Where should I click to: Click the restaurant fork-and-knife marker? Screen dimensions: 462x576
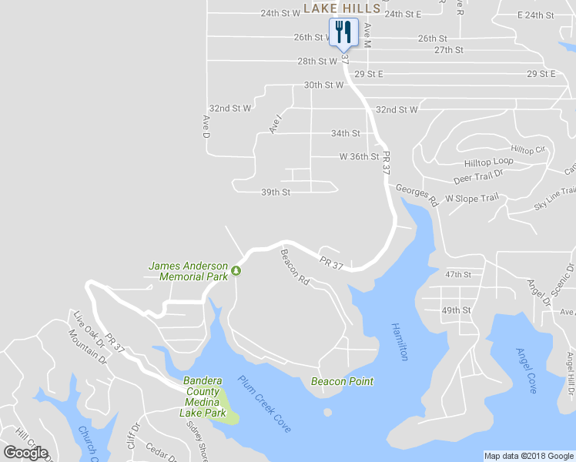(x=343, y=32)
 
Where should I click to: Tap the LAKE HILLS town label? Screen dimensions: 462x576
(x=342, y=8)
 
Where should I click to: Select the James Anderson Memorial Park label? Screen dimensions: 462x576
(x=188, y=271)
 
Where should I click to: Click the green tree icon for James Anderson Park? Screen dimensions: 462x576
(x=236, y=270)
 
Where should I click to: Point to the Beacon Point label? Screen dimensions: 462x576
(x=342, y=381)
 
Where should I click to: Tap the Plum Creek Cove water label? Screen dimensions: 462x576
(x=264, y=403)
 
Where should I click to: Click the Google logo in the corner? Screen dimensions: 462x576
(x=25, y=453)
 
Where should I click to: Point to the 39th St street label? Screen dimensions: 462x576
(x=276, y=192)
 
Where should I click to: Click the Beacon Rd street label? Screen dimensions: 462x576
(x=295, y=268)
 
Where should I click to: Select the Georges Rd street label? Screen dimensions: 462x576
(x=417, y=194)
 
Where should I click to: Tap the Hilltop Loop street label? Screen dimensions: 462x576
(x=488, y=163)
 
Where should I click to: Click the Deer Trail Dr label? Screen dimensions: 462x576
(x=478, y=179)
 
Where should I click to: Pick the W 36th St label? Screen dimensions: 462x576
(x=360, y=157)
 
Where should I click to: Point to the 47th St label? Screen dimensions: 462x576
(x=457, y=275)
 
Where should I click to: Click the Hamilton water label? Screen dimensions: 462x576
(x=400, y=341)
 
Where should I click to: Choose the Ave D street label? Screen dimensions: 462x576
(x=206, y=126)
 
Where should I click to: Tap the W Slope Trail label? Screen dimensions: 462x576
(x=472, y=199)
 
